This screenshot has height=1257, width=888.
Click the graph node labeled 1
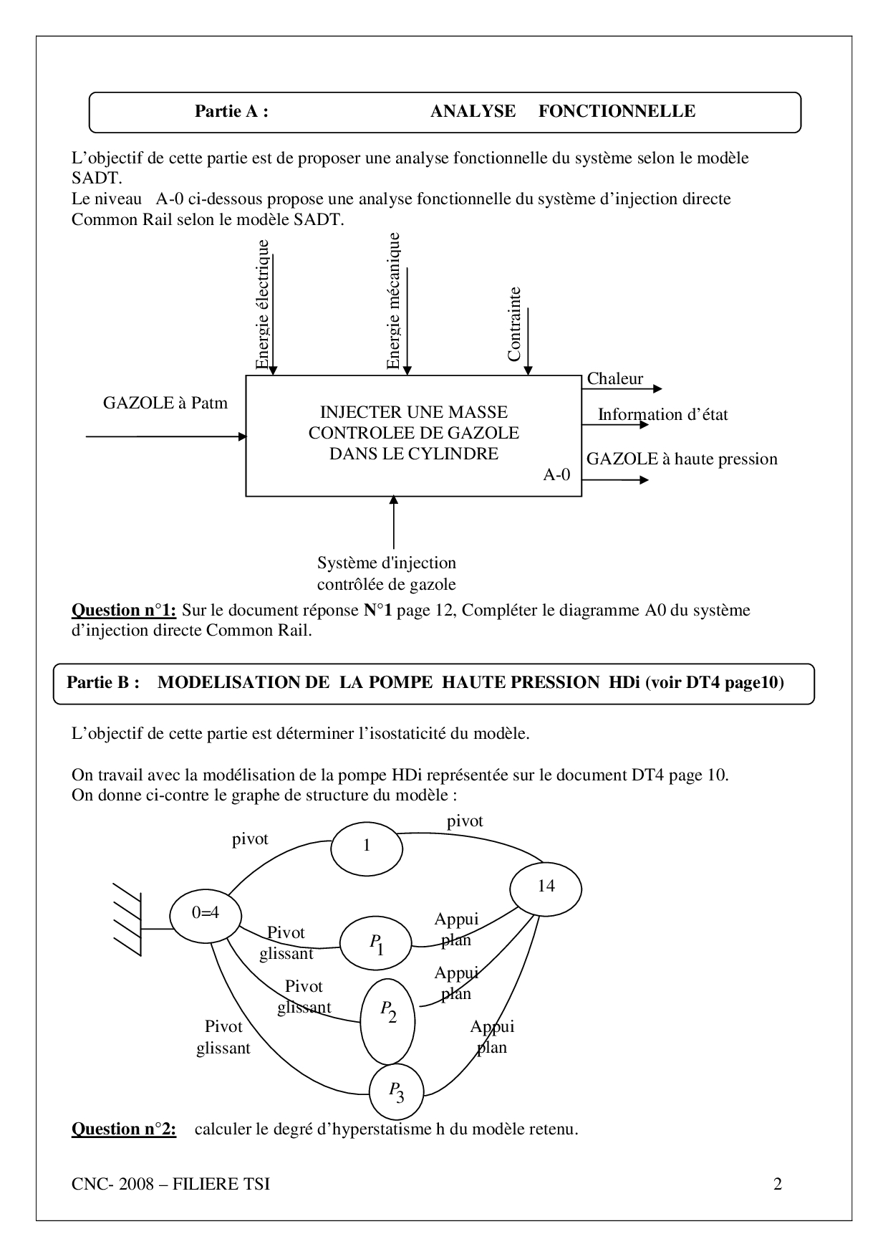coord(367,846)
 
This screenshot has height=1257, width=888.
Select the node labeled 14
coord(546,887)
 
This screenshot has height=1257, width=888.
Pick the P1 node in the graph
coord(376,945)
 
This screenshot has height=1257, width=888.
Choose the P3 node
coord(396,1091)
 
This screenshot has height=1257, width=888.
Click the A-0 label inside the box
coord(557,474)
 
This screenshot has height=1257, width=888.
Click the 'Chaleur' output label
coord(615,379)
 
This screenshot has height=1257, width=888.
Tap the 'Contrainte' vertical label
coord(514,324)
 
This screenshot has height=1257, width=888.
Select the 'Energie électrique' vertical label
coord(263,304)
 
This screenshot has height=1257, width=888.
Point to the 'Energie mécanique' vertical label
coord(393,300)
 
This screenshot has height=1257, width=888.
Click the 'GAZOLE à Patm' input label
coord(165,403)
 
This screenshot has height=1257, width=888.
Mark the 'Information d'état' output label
coord(662,415)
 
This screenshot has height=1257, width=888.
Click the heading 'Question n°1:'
coord(124,611)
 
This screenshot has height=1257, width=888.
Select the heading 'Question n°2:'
coord(124,1129)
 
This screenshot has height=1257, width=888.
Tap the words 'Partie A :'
coord(231,111)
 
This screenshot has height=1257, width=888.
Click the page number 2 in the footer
coord(778,1185)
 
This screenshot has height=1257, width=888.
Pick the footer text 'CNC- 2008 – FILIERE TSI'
coord(171,1185)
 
